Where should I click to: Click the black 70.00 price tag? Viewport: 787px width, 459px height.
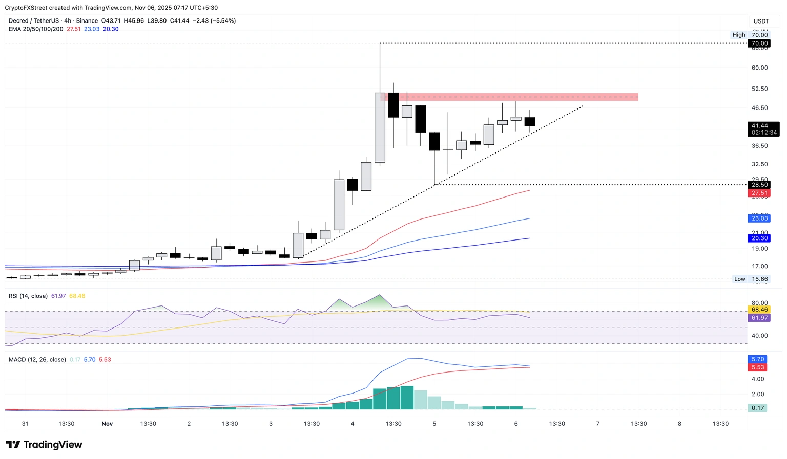759,43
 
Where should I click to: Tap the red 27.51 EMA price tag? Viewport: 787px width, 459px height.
759,193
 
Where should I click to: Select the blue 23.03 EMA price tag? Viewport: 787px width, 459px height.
759,218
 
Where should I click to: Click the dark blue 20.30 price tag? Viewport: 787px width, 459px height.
759,238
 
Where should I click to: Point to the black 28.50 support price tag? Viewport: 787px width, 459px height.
759,185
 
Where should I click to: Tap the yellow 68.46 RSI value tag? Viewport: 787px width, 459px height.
759,310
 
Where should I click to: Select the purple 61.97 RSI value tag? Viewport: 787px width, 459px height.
759,318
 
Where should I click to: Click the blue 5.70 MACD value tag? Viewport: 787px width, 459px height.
758,359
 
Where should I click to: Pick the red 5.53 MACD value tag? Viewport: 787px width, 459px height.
758,367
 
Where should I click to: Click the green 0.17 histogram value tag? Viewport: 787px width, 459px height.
758,408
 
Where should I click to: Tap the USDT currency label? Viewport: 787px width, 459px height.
761,21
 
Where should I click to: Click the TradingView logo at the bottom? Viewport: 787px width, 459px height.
44,444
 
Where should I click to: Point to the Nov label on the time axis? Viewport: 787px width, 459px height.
107,424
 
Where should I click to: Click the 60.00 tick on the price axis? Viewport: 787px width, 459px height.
759,68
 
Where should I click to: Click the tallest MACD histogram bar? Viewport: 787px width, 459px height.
407,398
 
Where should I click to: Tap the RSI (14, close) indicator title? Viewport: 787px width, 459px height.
28,296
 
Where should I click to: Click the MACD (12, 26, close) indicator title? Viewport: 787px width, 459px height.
37,360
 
